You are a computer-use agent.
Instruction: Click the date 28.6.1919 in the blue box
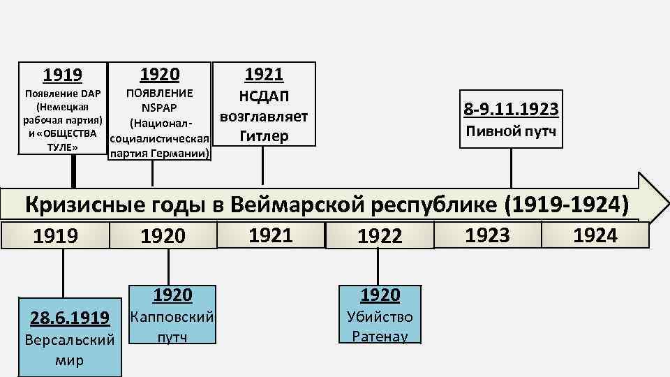[x=69, y=318]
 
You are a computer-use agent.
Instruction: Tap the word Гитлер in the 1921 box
[x=263, y=136]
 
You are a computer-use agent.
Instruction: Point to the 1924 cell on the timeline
[x=595, y=235]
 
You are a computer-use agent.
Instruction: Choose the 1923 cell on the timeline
[x=487, y=235]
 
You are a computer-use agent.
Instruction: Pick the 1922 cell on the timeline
[x=380, y=237]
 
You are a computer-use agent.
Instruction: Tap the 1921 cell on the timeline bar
[x=271, y=235]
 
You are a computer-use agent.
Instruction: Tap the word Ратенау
[x=380, y=336]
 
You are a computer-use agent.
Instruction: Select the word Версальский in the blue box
[x=69, y=341]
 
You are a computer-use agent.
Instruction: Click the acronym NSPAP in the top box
[x=159, y=108]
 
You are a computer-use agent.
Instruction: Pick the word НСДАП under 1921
[x=263, y=96]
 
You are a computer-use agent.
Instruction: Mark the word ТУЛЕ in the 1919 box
[x=62, y=147]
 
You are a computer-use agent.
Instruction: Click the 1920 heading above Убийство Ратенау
[x=380, y=295]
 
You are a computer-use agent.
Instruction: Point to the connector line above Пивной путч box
[x=509, y=168]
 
